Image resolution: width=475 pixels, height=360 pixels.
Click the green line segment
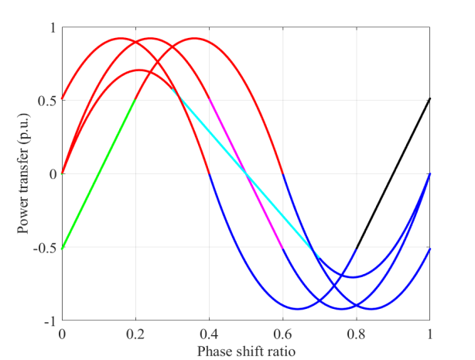(99, 174)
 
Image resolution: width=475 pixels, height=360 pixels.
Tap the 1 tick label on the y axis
(53, 27)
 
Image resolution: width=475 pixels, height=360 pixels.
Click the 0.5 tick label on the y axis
(48, 101)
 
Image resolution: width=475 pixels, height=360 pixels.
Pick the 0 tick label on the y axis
(53, 174)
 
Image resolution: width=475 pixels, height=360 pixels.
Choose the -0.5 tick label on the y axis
(46, 248)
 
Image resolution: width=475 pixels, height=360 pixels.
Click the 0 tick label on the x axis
(62, 334)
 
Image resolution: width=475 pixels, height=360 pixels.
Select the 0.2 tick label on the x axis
(135, 334)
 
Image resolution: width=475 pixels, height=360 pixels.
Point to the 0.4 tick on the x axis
(210, 334)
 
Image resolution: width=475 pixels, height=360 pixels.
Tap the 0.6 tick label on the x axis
(283, 334)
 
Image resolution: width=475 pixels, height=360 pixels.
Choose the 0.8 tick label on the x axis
(357, 334)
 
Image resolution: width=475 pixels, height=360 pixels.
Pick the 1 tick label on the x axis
(430, 334)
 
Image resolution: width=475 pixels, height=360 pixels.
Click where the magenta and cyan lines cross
(246, 174)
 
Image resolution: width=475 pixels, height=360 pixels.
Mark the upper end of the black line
(430, 99)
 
